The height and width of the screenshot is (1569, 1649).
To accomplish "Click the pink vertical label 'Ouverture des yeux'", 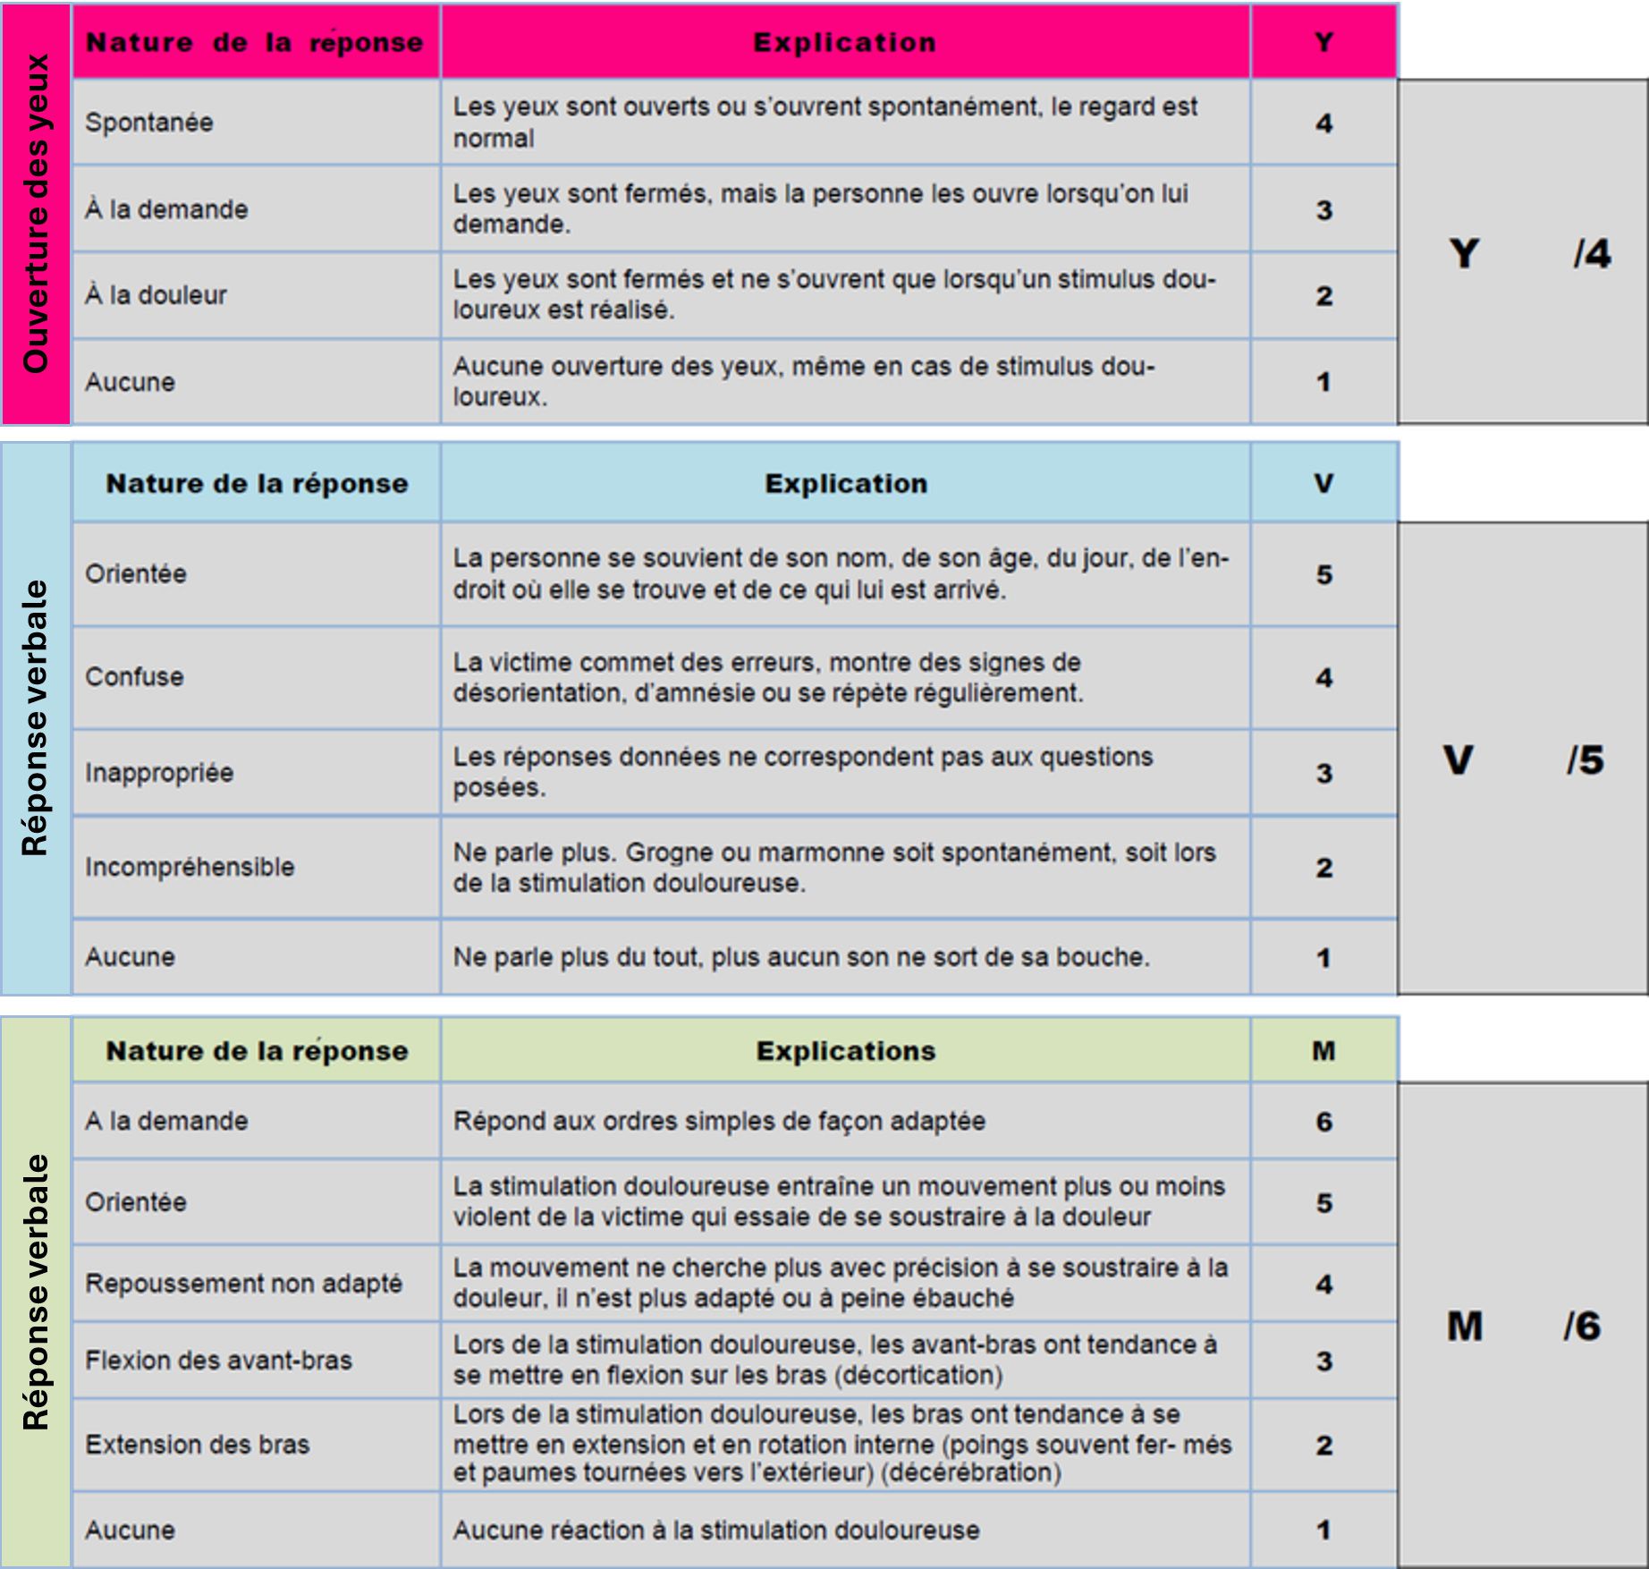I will tap(36, 213).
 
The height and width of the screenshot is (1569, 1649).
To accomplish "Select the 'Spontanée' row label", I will tap(149, 123).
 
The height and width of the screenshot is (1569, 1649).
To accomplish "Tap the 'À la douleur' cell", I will tap(156, 295).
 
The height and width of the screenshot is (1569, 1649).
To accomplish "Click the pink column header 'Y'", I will tap(1323, 42).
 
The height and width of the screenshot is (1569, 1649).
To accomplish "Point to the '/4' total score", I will tap(1592, 254).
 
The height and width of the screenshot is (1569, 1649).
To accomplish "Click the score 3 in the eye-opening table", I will tap(1323, 210).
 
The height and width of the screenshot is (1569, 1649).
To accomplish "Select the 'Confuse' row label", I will tap(135, 677).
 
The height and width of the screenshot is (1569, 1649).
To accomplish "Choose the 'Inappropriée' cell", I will tap(160, 772).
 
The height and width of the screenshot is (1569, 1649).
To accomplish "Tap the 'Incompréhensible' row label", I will tap(190, 867).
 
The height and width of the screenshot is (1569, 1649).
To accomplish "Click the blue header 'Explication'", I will tap(846, 484).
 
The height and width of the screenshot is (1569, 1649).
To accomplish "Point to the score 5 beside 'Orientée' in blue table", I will tap(1323, 574).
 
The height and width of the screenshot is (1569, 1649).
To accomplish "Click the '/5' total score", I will tap(1585, 760).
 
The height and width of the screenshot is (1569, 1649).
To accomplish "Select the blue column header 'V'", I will tap(1323, 484).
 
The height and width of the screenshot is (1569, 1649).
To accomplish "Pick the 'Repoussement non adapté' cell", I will tap(244, 1284).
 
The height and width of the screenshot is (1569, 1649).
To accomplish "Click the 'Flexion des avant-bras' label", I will tap(219, 1361).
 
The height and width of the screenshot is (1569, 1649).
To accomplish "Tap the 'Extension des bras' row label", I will tap(198, 1445).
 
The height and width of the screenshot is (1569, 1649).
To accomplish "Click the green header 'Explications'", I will tap(846, 1051).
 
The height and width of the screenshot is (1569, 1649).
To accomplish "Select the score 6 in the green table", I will tap(1323, 1122).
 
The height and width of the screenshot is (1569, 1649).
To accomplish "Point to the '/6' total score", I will tap(1581, 1326).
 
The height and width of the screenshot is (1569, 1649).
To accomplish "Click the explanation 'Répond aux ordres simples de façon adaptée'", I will tap(719, 1122).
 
